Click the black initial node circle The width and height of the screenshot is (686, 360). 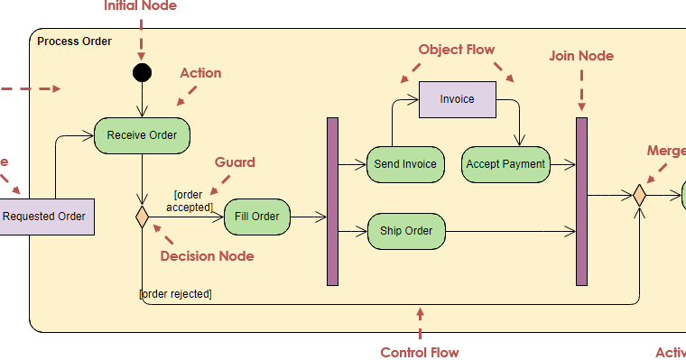[142, 73]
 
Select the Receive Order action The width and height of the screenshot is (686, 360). [142, 135]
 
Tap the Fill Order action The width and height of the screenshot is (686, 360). [257, 217]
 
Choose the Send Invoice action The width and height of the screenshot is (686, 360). [405, 164]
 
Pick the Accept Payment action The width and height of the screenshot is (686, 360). [505, 164]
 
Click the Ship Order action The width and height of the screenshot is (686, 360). [405, 231]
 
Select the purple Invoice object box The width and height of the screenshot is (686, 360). [457, 99]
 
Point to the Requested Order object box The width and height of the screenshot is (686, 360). [45, 217]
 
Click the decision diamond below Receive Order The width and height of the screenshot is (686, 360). [142, 217]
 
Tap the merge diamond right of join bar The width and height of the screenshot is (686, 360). [639, 195]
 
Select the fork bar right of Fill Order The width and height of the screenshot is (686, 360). [332, 201]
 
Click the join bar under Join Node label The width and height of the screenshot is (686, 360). [581, 201]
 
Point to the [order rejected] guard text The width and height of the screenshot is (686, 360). [176, 293]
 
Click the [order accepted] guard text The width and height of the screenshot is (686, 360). [191, 201]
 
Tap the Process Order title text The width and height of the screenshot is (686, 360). [75, 42]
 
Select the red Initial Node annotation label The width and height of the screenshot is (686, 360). [140, 6]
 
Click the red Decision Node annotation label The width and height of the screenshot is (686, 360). [207, 256]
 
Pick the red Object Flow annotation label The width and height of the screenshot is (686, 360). [456, 50]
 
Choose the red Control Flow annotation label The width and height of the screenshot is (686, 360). [419, 353]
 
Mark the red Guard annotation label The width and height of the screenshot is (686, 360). [235, 162]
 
